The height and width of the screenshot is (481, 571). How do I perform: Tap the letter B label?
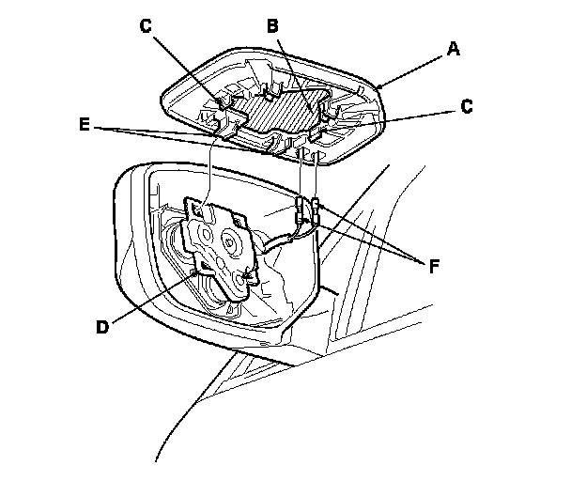pyautogui.click(x=272, y=26)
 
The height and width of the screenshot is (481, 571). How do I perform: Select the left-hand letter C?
pyautogui.click(x=145, y=25)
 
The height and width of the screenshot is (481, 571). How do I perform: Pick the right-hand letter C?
pyautogui.click(x=467, y=108)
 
